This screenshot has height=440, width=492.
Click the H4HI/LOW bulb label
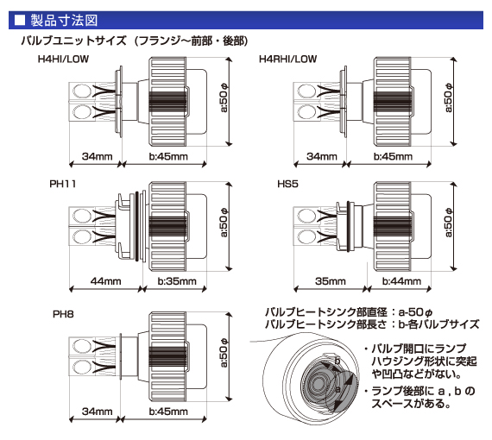click(x=63, y=59)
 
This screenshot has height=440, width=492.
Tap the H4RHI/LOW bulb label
click(x=287, y=59)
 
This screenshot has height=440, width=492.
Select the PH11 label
click(x=63, y=184)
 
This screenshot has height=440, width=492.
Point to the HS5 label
click(x=287, y=184)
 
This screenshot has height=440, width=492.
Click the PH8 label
click(x=63, y=314)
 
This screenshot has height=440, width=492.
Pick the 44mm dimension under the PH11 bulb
click(x=106, y=281)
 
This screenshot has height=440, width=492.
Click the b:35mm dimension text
click(x=177, y=281)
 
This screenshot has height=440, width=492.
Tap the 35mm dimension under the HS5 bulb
click(x=331, y=281)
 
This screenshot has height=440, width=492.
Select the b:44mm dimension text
click(x=401, y=281)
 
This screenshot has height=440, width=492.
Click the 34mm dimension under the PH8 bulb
click(x=98, y=412)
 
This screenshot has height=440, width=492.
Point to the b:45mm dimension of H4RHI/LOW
click(x=393, y=156)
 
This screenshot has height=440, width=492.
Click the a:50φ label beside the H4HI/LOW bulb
click(x=224, y=97)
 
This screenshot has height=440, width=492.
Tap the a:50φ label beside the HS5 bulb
click(x=449, y=223)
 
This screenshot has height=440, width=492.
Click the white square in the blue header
click(x=20, y=21)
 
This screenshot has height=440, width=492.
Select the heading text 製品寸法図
click(x=65, y=21)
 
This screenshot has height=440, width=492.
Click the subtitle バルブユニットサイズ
click(x=73, y=41)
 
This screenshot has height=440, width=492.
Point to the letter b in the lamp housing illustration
click(x=337, y=361)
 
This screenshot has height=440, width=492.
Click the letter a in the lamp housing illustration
click(x=337, y=389)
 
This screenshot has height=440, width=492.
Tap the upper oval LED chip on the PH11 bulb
click(x=82, y=217)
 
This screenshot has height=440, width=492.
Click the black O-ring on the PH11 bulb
click(x=136, y=226)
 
